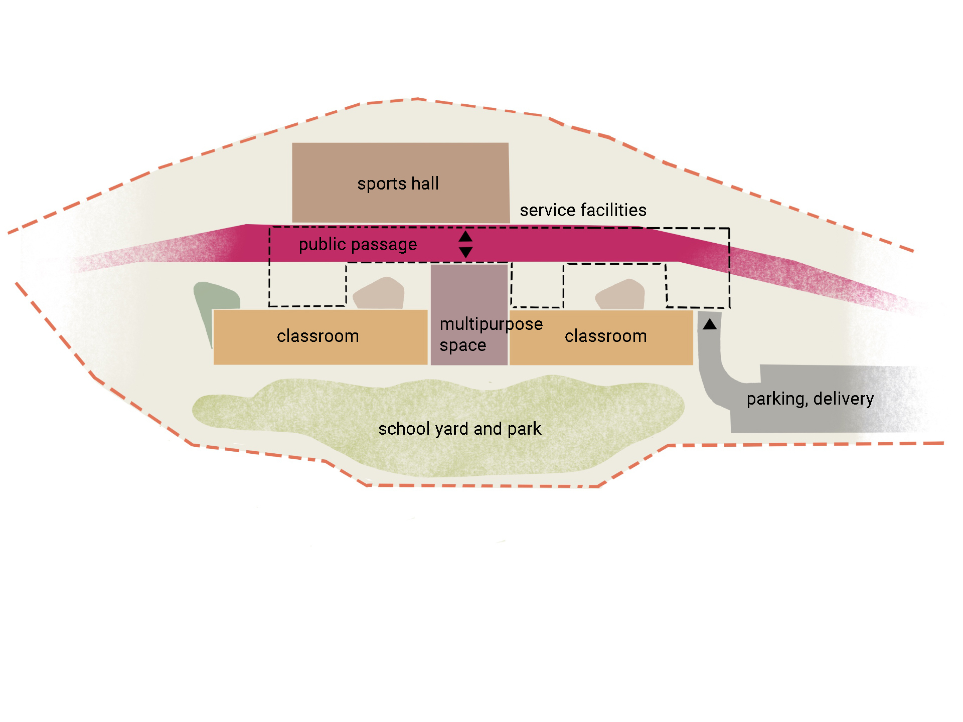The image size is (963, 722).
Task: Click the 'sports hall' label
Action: pos(398,184)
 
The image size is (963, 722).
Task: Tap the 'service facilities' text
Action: pos(583,210)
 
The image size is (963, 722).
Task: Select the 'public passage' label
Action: pos(358,245)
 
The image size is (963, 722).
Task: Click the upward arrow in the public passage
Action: pos(466,236)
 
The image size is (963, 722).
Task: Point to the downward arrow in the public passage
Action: pos(466,252)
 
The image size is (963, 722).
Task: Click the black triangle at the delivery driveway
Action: pos(710,324)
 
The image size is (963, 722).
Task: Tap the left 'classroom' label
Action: pos(317,336)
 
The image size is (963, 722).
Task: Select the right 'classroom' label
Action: pos(605,336)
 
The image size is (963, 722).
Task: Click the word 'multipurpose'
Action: pos(491,324)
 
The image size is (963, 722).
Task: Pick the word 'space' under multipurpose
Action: pos(462,345)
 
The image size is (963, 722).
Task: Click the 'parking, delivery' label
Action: pos(810,399)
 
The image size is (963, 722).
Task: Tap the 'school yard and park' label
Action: pos(459,429)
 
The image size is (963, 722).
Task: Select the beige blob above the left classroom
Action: pos(379,294)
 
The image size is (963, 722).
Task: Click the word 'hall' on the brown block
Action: pos(425,184)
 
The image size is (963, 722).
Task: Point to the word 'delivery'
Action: pos(843,399)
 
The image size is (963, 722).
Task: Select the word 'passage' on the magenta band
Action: pos(387,245)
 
